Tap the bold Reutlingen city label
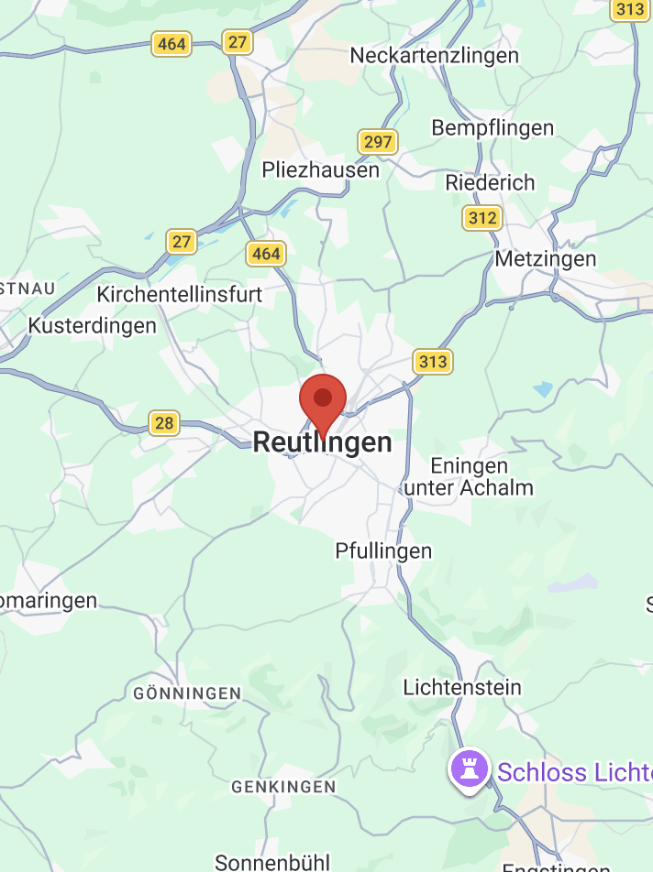coord(322,442)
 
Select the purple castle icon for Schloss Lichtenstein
coord(469,770)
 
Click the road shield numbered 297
coord(377,142)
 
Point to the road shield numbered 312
coord(482,218)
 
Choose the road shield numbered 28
coord(164,423)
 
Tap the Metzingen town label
coord(545,259)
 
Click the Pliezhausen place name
coord(320,170)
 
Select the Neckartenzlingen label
coord(434,55)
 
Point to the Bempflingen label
coord(493,128)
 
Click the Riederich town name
coord(490,182)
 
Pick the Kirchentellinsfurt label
coord(180,295)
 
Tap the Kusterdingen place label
coord(93,325)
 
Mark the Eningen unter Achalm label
coord(469,477)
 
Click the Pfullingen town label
coord(383,550)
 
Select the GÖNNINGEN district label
coord(187,693)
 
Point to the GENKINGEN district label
coord(283,787)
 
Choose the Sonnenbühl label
coord(272,862)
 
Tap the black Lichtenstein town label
coord(462,687)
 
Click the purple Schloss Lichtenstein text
coord(574,772)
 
